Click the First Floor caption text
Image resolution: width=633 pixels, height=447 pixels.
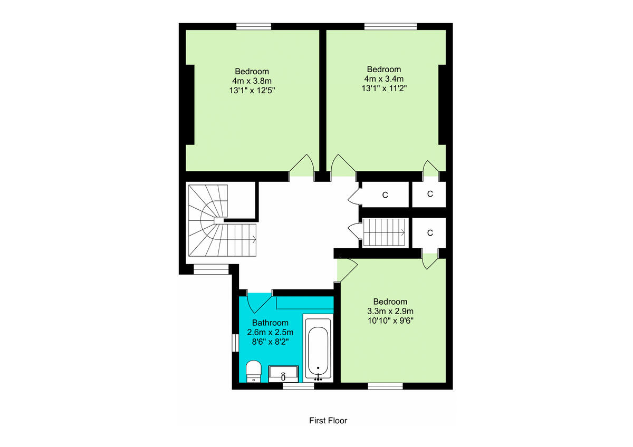[328, 421]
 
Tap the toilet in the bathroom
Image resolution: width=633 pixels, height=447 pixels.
[254, 371]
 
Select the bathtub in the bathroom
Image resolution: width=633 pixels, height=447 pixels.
[318, 347]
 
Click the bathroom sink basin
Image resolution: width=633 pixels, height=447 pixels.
[284, 374]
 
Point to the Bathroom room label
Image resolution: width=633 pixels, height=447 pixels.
[270, 323]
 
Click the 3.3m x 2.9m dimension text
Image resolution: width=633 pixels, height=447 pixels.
[390, 310]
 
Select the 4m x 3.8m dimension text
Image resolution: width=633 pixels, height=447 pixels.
[252, 81]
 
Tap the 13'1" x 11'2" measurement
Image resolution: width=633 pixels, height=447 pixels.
[384, 88]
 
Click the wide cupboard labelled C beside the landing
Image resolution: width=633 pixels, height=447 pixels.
[385, 195]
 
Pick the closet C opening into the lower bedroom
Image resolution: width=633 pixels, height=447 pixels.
[430, 233]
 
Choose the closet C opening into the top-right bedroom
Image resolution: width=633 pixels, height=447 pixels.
[430, 194]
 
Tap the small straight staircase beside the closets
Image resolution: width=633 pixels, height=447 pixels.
[383, 232]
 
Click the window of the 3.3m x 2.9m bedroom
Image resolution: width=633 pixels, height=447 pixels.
[385, 386]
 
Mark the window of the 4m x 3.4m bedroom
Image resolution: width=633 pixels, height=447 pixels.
[390, 26]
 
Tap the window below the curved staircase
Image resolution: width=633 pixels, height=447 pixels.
[211, 270]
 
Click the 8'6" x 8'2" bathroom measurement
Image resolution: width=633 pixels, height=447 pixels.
[270, 341]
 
